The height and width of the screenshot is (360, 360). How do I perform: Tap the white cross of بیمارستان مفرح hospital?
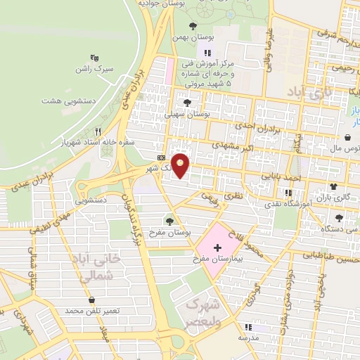pos(217,247)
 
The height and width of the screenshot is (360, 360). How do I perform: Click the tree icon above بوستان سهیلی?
pos(187,102)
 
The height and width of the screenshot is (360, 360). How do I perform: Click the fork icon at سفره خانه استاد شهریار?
pos(98,131)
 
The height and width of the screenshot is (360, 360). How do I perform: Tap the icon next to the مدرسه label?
pos(247,327)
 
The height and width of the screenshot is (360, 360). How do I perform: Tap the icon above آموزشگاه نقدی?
pos(288,192)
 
